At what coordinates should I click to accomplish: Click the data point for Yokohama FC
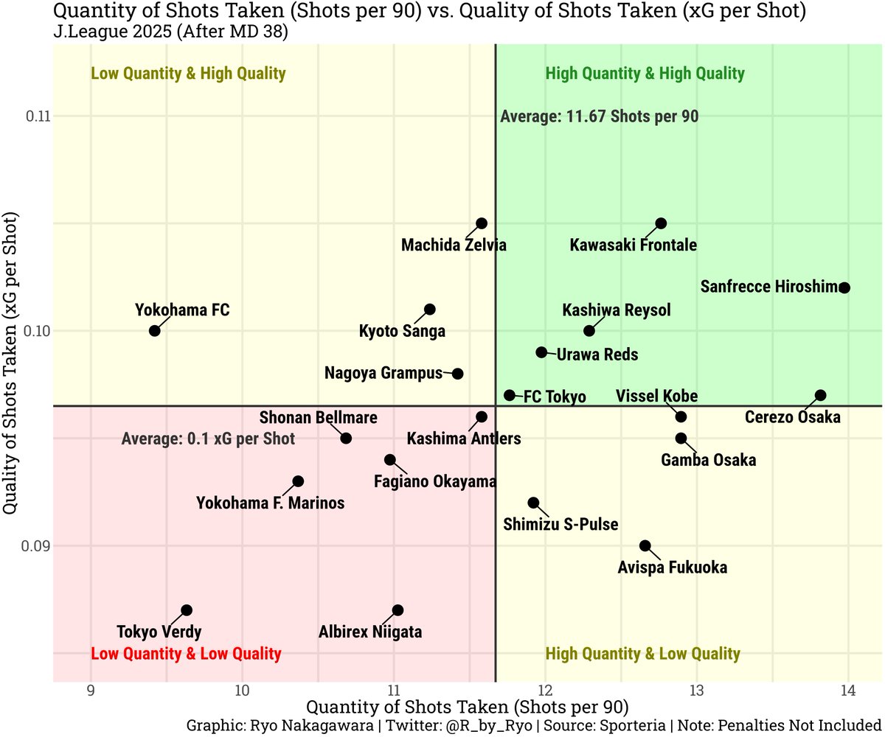pyautogui.click(x=154, y=330)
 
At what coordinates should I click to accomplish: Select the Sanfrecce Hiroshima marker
pyautogui.click(x=844, y=287)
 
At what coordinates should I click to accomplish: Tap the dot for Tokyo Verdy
pyautogui.click(x=187, y=610)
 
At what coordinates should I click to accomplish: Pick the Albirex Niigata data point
pyautogui.click(x=398, y=610)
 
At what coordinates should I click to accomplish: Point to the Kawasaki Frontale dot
pyautogui.click(x=661, y=223)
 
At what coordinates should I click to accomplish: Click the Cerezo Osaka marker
pyautogui.click(x=821, y=396)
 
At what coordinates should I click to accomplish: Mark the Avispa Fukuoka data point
pyautogui.click(x=645, y=545)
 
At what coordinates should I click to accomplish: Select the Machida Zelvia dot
pyautogui.click(x=482, y=223)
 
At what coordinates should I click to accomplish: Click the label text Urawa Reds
pyautogui.click(x=597, y=354)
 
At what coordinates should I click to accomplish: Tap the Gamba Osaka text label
pyautogui.click(x=708, y=461)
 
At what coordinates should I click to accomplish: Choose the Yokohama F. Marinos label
pyautogui.click(x=270, y=504)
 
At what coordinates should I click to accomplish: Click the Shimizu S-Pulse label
pyautogui.click(x=560, y=525)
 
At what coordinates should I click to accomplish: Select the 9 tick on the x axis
pyautogui.click(x=90, y=691)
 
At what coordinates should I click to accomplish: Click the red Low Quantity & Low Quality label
pyautogui.click(x=186, y=654)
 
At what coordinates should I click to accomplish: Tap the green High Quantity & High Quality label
pyautogui.click(x=645, y=74)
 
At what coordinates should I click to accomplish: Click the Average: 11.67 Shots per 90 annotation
pyautogui.click(x=599, y=116)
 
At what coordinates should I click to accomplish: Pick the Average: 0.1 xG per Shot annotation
pyautogui.click(x=208, y=439)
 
